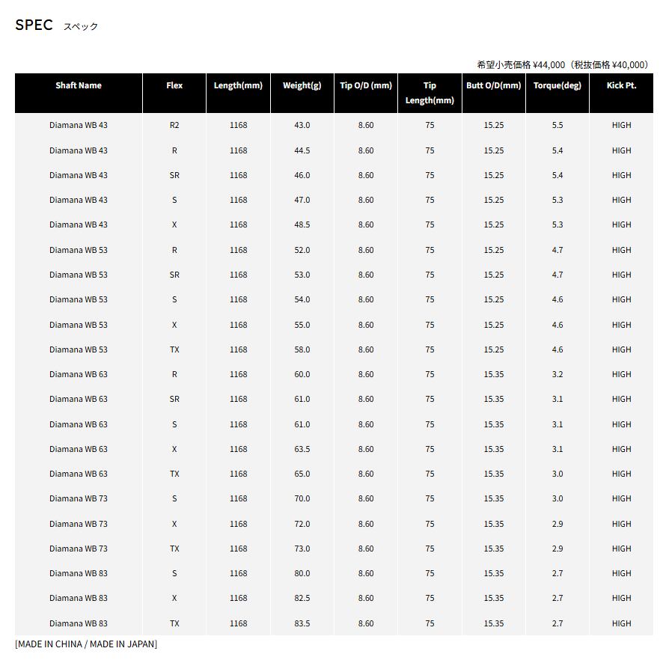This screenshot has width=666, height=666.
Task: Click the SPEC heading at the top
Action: (34, 25)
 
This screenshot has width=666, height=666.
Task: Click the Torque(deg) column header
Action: (557, 85)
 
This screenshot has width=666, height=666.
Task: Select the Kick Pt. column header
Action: (621, 85)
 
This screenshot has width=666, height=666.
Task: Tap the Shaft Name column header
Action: (79, 85)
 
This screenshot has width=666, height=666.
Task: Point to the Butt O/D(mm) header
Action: (493, 85)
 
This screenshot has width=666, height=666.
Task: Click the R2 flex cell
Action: (174, 125)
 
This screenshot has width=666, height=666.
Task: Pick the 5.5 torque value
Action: (557, 125)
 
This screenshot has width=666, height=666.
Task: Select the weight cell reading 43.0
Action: (302, 125)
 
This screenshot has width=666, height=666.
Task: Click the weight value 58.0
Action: (302, 349)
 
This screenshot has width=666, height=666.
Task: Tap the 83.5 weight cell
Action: (302, 623)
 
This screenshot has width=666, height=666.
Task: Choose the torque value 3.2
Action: (557, 374)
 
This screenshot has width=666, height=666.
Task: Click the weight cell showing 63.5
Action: (302, 449)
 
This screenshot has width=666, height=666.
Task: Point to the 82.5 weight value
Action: (302, 598)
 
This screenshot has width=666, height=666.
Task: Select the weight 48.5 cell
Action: (302, 224)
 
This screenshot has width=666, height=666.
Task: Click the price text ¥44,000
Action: (549, 65)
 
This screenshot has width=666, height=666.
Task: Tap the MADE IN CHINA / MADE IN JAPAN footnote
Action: (86, 644)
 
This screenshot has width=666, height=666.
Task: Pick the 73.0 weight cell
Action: (302, 549)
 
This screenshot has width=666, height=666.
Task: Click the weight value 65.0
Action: (302, 474)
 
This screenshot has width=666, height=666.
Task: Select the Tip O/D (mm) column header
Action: (366, 85)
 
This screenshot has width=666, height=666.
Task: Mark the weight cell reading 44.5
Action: (302, 150)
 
